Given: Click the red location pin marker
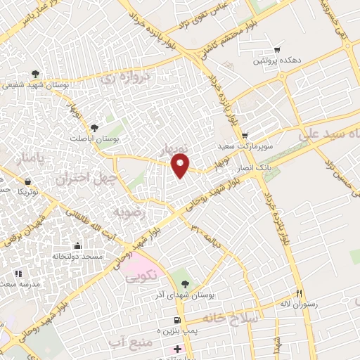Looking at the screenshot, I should point(181,165).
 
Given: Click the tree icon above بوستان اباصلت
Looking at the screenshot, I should point(95,127).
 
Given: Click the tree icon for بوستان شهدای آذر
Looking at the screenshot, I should point(184,284).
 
